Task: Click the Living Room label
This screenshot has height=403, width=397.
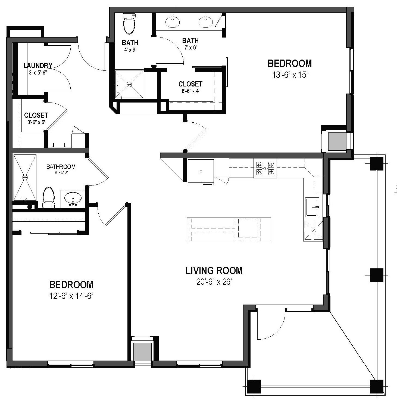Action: (214, 271)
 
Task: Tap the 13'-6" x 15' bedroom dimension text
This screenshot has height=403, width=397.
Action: (290, 75)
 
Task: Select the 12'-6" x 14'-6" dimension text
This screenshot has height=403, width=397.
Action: (71, 296)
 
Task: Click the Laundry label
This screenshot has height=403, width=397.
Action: (38, 66)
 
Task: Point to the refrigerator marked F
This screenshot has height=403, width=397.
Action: (201, 172)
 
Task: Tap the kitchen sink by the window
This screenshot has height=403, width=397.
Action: (312, 207)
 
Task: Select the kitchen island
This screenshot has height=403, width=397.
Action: (229, 230)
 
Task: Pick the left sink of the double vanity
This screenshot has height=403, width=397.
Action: (172, 22)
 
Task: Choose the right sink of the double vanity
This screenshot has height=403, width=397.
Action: (206, 22)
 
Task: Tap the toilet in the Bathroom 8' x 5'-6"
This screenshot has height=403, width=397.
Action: (49, 197)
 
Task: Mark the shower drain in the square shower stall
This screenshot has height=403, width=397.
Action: (129, 84)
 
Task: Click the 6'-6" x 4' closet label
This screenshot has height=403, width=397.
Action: (190, 84)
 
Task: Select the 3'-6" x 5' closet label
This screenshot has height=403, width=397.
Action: (36, 115)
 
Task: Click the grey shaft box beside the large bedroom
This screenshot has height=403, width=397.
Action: (337, 141)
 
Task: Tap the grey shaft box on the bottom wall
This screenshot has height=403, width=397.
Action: (142, 352)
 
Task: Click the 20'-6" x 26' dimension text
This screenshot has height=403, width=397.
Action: (214, 282)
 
